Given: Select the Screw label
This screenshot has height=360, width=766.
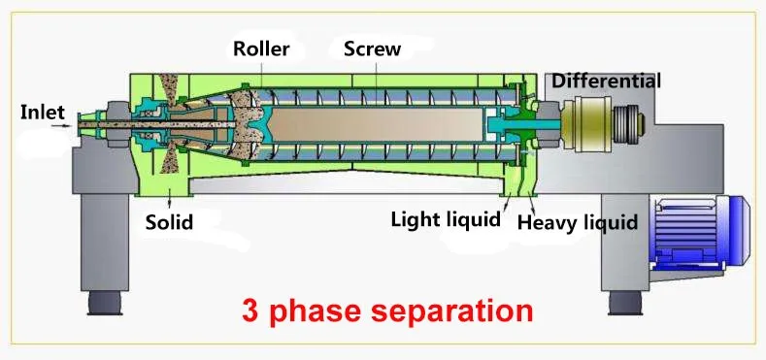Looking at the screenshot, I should pos(372,49).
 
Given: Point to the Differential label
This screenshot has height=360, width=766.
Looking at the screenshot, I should pos(607,81).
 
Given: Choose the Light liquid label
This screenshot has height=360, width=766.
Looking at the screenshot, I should pos(445,218).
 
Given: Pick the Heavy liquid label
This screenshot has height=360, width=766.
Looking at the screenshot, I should pos(578,223).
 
